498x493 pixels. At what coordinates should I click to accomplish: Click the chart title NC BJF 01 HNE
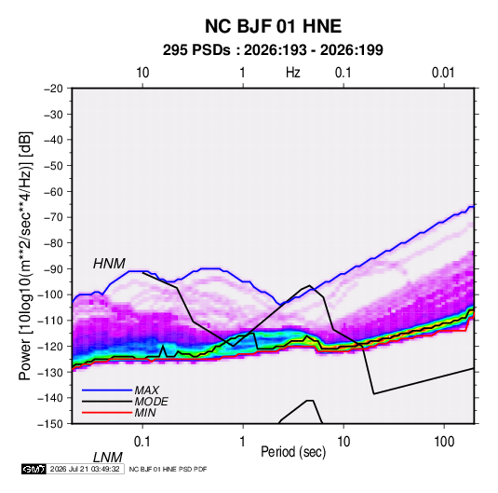(x=273, y=26)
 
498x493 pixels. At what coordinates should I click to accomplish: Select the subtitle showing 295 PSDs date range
(x=273, y=50)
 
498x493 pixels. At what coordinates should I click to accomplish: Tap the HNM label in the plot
(x=109, y=264)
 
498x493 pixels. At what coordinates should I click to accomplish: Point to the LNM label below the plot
(x=108, y=458)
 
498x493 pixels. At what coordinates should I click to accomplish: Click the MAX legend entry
(x=146, y=390)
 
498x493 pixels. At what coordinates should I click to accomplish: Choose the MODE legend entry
(x=151, y=402)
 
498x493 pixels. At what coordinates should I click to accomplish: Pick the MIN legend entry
(x=145, y=413)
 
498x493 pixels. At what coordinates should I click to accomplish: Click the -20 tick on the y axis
(x=53, y=89)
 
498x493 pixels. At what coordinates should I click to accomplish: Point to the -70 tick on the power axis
(x=53, y=217)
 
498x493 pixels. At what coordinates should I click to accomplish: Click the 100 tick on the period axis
(x=444, y=442)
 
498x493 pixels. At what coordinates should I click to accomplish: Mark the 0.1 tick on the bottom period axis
(x=142, y=442)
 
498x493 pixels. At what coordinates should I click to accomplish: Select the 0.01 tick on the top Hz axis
(x=443, y=73)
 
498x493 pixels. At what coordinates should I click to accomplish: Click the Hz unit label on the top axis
(x=293, y=73)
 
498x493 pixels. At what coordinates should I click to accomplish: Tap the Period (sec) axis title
(x=293, y=452)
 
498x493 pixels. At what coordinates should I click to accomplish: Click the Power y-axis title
(x=25, y=255)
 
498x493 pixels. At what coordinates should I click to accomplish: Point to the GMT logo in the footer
(x=34, y=469)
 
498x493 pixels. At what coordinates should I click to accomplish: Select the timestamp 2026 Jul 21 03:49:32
(x=85, y=469)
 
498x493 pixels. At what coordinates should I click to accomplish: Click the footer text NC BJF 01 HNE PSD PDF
(x=168, y=469)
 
